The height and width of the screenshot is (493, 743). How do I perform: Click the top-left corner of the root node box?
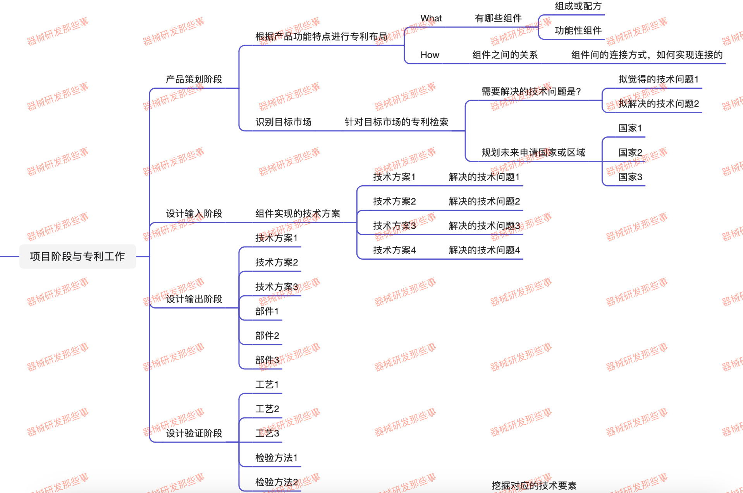tap(19, 245)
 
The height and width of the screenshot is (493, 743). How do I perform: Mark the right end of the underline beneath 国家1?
tap(645, 137)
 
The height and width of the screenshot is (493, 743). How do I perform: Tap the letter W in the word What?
tap(425, 18)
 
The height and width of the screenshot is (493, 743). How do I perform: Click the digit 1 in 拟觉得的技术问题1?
tap(697, 79)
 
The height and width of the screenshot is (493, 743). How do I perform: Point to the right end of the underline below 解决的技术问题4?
tap(523, 259)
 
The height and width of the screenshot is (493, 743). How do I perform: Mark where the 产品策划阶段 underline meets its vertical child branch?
tap(239, 88)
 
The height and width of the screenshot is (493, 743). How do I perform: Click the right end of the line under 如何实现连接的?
tap(725, 64)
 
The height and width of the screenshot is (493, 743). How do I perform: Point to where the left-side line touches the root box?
tap(19, 257)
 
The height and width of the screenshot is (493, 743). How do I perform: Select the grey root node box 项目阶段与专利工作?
tap(78, 257)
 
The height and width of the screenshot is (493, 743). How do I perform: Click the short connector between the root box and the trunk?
tap(143, 257)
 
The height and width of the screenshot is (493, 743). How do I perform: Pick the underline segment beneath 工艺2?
tap(261, 418)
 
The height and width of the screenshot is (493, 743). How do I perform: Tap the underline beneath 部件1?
tap(261, 320)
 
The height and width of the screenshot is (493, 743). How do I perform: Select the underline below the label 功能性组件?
tap(572, 40)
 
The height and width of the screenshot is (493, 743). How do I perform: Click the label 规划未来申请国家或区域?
tap(533, 153)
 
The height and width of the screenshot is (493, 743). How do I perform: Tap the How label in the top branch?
tap(430, 55)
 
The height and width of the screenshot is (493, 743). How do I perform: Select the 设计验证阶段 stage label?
tap(194, 433)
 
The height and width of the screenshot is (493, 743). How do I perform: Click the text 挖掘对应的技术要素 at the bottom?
tap(534, 486)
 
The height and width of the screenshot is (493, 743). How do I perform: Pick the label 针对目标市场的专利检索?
tap(397, 122)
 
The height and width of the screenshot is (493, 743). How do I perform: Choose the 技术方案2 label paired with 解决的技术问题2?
tap(394, 202)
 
